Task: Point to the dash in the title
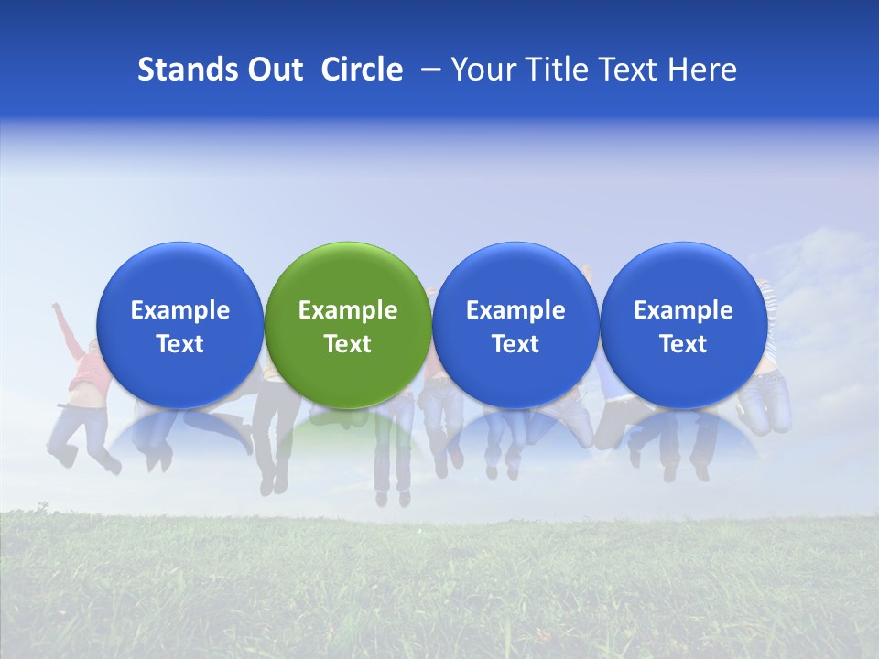(428, 70)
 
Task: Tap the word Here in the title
(702, 70)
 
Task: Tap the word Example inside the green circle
(348, 310)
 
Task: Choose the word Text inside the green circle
(348, 344)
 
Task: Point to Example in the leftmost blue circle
(179, 310)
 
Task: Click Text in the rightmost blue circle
(684, 344)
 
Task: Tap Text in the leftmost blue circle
(179, 344)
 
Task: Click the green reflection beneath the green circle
(348, 423)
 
